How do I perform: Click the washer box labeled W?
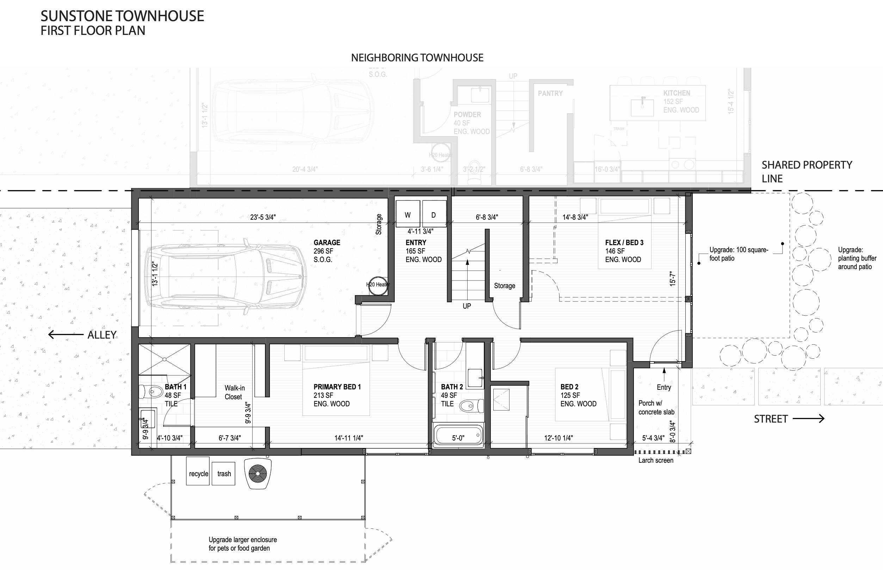pos(407,214)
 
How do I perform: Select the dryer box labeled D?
pos(434,214)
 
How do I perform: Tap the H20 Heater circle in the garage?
pos(377,285)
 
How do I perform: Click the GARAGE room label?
pos(327,242)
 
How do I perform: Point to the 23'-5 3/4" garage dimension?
pos(263,217)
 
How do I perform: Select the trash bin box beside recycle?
pos(224,473)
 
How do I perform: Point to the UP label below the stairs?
pos(467,306)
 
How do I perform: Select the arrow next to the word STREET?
pos(809,419)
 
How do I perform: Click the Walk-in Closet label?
pos(234,392)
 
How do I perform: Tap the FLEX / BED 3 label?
pos(624,242)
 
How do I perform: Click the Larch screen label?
pos(656,460)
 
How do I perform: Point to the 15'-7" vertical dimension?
pos(673,279)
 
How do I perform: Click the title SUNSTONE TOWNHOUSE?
pos(122,16)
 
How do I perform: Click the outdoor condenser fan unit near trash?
pos(258,473)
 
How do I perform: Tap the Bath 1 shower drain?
pos(164,359)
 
